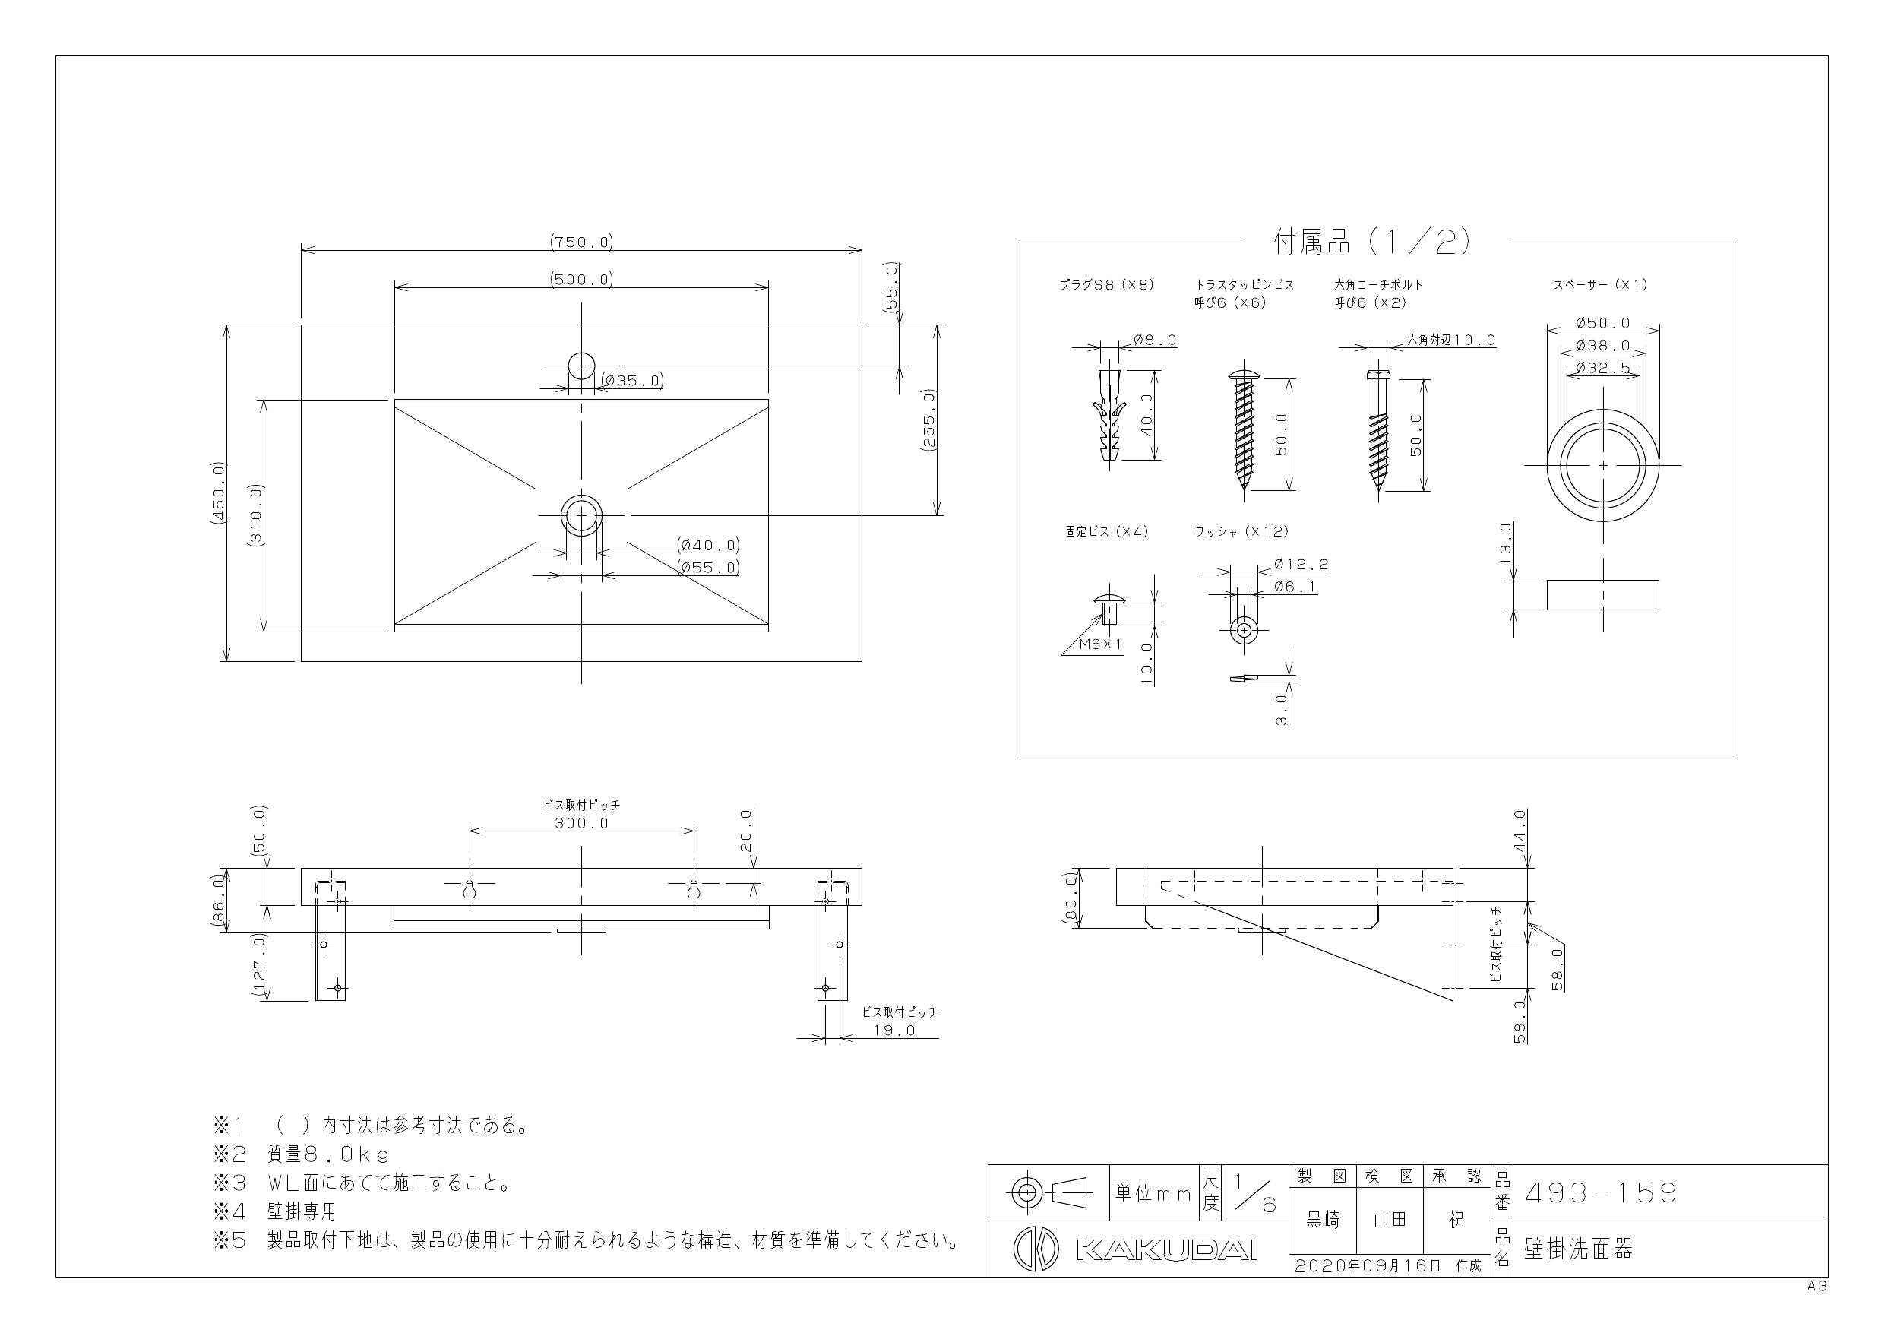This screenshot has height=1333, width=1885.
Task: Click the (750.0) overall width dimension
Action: (581, 242)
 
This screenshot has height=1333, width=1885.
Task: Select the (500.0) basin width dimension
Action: (581, 279)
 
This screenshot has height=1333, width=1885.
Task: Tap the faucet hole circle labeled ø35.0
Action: (581, 366)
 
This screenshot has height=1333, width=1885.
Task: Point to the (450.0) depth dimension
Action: (218, 492)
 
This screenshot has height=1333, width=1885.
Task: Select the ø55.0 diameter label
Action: (707, 567)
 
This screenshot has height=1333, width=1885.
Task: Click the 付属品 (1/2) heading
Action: (1371, 242)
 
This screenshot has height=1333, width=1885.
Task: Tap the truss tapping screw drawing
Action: (1244, 431)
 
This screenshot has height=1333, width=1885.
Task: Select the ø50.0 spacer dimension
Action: (1602, 323)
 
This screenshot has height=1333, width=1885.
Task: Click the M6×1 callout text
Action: (1099, 644)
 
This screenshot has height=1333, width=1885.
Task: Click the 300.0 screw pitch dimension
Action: (581, 823)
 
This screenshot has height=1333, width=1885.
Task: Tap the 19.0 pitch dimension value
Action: (894, 1030)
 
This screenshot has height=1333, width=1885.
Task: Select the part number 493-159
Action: (1600, 1192)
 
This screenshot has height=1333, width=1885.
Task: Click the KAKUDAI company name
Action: (1165, 1249)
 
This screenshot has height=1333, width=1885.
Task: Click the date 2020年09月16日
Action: (1367, 1265)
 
